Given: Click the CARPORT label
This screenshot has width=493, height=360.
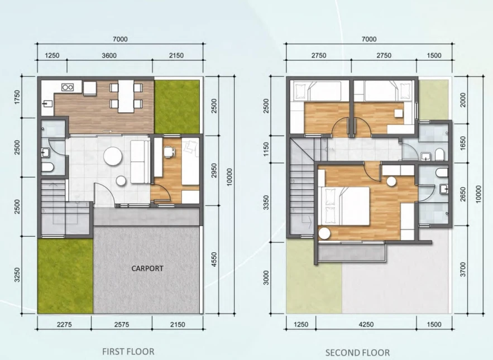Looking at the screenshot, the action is coord(147,268).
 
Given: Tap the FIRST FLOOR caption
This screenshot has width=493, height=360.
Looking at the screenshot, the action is coord(128,351).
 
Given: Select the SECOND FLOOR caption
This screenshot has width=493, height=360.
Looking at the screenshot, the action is coord(357,352).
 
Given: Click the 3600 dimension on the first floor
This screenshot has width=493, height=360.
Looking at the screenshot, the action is coord(109,56).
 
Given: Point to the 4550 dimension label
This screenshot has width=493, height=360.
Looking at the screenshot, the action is coord(214,260).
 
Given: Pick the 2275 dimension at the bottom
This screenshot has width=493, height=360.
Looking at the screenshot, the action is coord(64,324).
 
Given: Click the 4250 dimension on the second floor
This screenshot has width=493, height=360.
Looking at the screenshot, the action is coord(366,324).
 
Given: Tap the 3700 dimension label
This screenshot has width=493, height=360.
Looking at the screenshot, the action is coord(462,270).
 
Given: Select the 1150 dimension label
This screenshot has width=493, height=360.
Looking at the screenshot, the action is coord(266,149).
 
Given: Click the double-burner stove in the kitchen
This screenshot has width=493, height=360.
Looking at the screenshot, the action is coord(68,87).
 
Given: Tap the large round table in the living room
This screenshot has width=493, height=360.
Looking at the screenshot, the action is coord(113,156).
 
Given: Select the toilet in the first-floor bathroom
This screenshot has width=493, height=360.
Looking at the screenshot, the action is coord(47,168).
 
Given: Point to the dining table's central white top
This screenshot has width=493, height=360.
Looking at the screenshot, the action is coord(126,96).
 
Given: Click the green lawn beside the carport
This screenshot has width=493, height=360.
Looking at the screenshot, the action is coord(65,276).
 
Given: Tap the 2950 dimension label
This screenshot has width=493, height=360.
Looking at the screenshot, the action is coord(214,170).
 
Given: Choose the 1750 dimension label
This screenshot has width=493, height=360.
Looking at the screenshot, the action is coord(17,97).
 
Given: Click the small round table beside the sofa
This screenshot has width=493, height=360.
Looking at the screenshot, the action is coord(121,181).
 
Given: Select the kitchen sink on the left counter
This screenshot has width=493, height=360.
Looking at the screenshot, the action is coord(47,103).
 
